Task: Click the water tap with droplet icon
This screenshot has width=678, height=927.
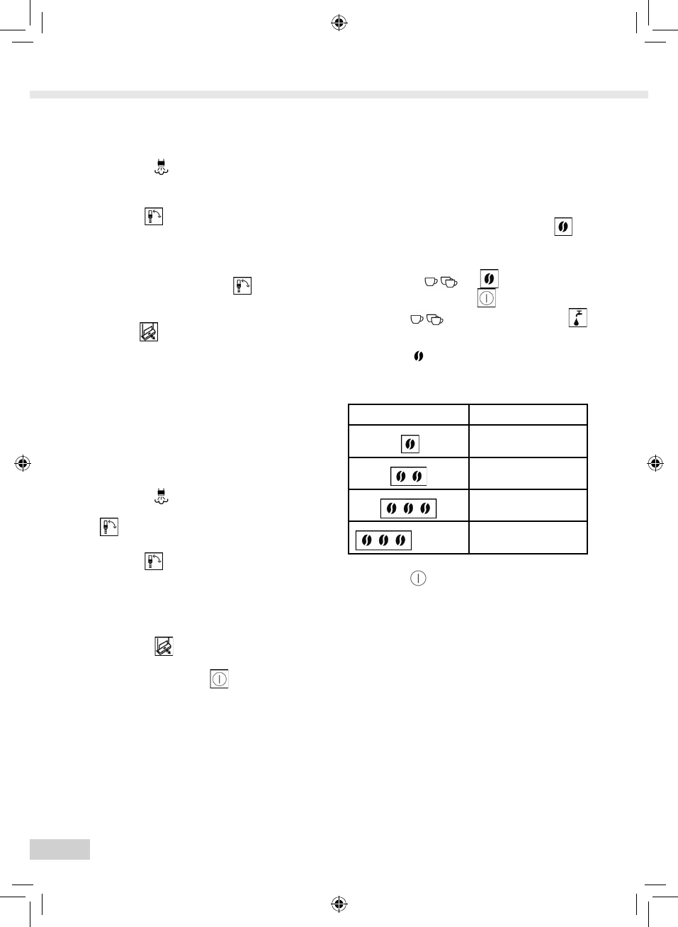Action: pos(578,318)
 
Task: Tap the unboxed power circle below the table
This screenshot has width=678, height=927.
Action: pos(418,578)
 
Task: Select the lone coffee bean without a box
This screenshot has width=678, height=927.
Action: pos(419,356)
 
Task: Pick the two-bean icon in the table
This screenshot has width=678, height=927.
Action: pos(409,476)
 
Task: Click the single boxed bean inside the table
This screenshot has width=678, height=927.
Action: pos(409,444)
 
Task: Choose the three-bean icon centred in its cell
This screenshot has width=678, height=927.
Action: pos(408,508)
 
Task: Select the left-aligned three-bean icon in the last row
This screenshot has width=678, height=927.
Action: pos(383,540)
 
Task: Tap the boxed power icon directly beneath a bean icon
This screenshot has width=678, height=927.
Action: pos(486,298)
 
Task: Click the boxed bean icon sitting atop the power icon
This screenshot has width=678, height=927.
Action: pos(489,278)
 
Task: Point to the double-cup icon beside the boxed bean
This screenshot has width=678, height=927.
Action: pos(449,282)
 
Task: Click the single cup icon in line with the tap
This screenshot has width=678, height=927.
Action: pos(417,319)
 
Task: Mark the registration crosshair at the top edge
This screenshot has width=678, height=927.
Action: pos(339,23)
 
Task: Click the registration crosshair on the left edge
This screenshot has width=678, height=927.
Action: pos(23,464)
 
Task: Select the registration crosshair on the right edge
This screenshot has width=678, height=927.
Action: pos(655,464)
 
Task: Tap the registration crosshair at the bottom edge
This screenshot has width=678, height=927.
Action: pos(339,904)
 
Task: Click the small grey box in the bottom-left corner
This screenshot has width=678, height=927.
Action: pos(60,849)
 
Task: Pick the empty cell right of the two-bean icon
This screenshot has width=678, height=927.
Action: pos(528,474)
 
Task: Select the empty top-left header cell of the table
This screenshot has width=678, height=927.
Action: pos(408,414)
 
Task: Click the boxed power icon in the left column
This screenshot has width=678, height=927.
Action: pos(219,679)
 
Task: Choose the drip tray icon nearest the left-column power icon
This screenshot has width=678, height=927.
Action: pos(164,646)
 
